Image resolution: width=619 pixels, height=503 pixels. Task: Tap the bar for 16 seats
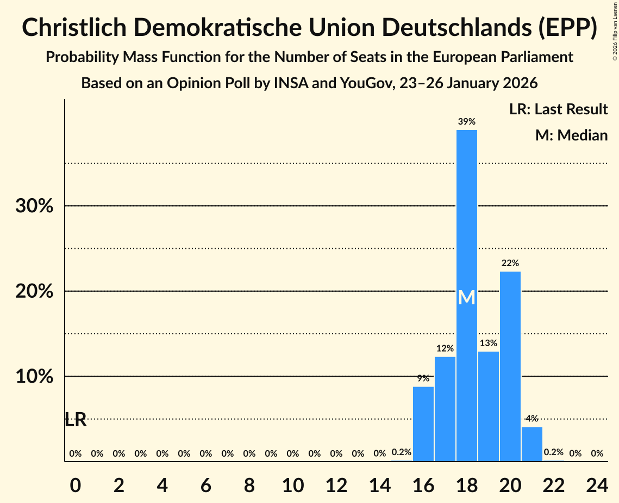coord(423,424)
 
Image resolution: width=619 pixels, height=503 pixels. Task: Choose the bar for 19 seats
coord(489,406)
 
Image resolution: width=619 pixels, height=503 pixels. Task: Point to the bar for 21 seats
coord(532,444)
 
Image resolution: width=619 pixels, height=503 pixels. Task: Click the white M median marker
coord(467,298)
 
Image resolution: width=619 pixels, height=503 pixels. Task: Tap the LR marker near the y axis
coord(76,420)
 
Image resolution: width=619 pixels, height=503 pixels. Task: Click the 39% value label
coord(467,122)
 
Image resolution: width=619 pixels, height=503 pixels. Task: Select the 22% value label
coord(510,263)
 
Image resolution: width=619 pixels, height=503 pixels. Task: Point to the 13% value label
coord(489,343)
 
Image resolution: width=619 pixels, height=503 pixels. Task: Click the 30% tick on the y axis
coord(34,206)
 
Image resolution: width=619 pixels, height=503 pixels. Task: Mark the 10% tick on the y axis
coord(34,377)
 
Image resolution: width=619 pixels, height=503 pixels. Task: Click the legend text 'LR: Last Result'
coord(558,109)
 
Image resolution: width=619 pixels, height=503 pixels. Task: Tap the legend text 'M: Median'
coord(571,135)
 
